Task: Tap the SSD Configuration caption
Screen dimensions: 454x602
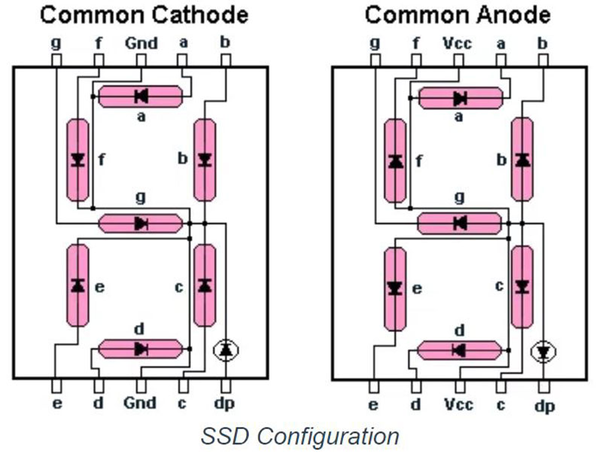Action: (299, 436)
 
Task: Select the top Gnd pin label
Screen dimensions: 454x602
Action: (141, 43)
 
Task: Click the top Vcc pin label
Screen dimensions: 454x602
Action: (458, 43)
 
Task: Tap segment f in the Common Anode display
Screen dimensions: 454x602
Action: (395, 160)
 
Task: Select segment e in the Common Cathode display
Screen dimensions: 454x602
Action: (78, 285)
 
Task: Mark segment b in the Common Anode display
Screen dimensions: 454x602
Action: (522, 160)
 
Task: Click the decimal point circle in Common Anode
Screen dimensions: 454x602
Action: (543, 350)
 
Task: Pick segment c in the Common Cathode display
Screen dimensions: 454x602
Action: (204, 285)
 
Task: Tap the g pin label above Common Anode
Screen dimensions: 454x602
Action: (375, 43)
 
